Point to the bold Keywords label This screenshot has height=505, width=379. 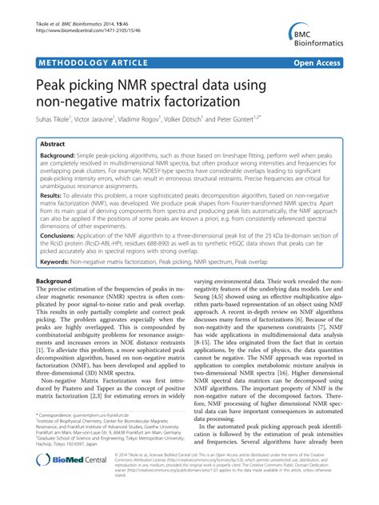[x=55, y=259]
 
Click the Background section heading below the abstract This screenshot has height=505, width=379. [x=50, y=283]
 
